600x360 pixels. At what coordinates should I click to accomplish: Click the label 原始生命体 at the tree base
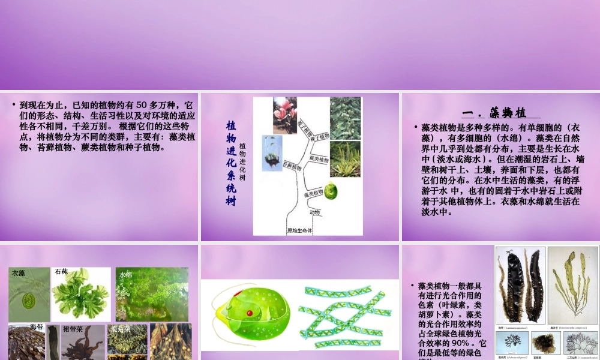[299, 230]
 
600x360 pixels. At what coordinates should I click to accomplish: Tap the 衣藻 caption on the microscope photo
[17, 273]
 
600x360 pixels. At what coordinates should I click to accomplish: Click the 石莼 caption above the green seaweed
[61, 272]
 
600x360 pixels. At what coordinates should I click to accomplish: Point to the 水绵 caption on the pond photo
[125, 275]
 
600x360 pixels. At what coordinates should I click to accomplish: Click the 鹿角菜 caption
[121, 329]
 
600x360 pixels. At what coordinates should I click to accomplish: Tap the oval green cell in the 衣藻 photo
[28, 299]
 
